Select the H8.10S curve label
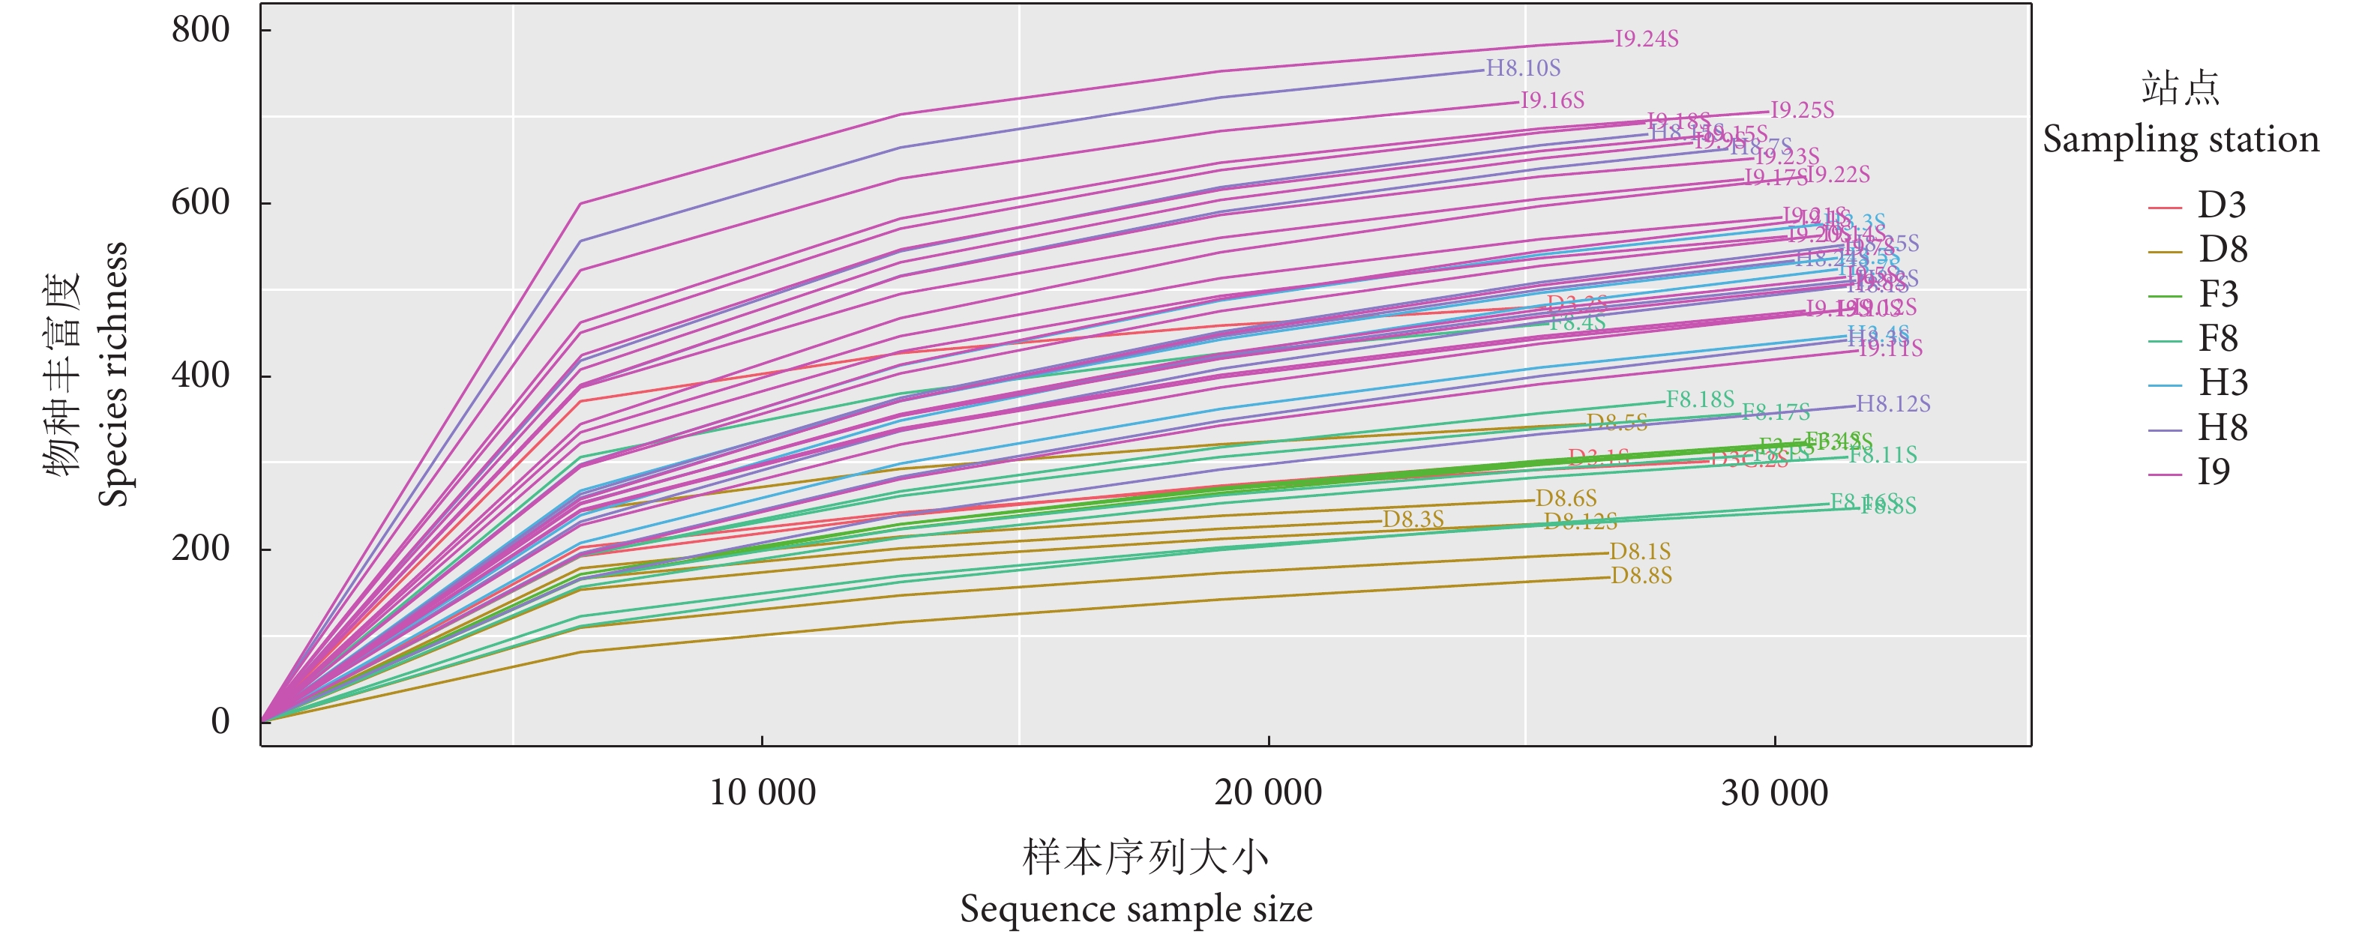tap(1523, 69)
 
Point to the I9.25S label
tap(1802, 111)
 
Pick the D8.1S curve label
tap(1641, 552)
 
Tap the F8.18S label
tap(1700, 400)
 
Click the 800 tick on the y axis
tap(201, 29)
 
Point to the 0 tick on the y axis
tap(220, 722)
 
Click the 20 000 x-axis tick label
tap(1268, 793)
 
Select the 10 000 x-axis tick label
tap(762, 793)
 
